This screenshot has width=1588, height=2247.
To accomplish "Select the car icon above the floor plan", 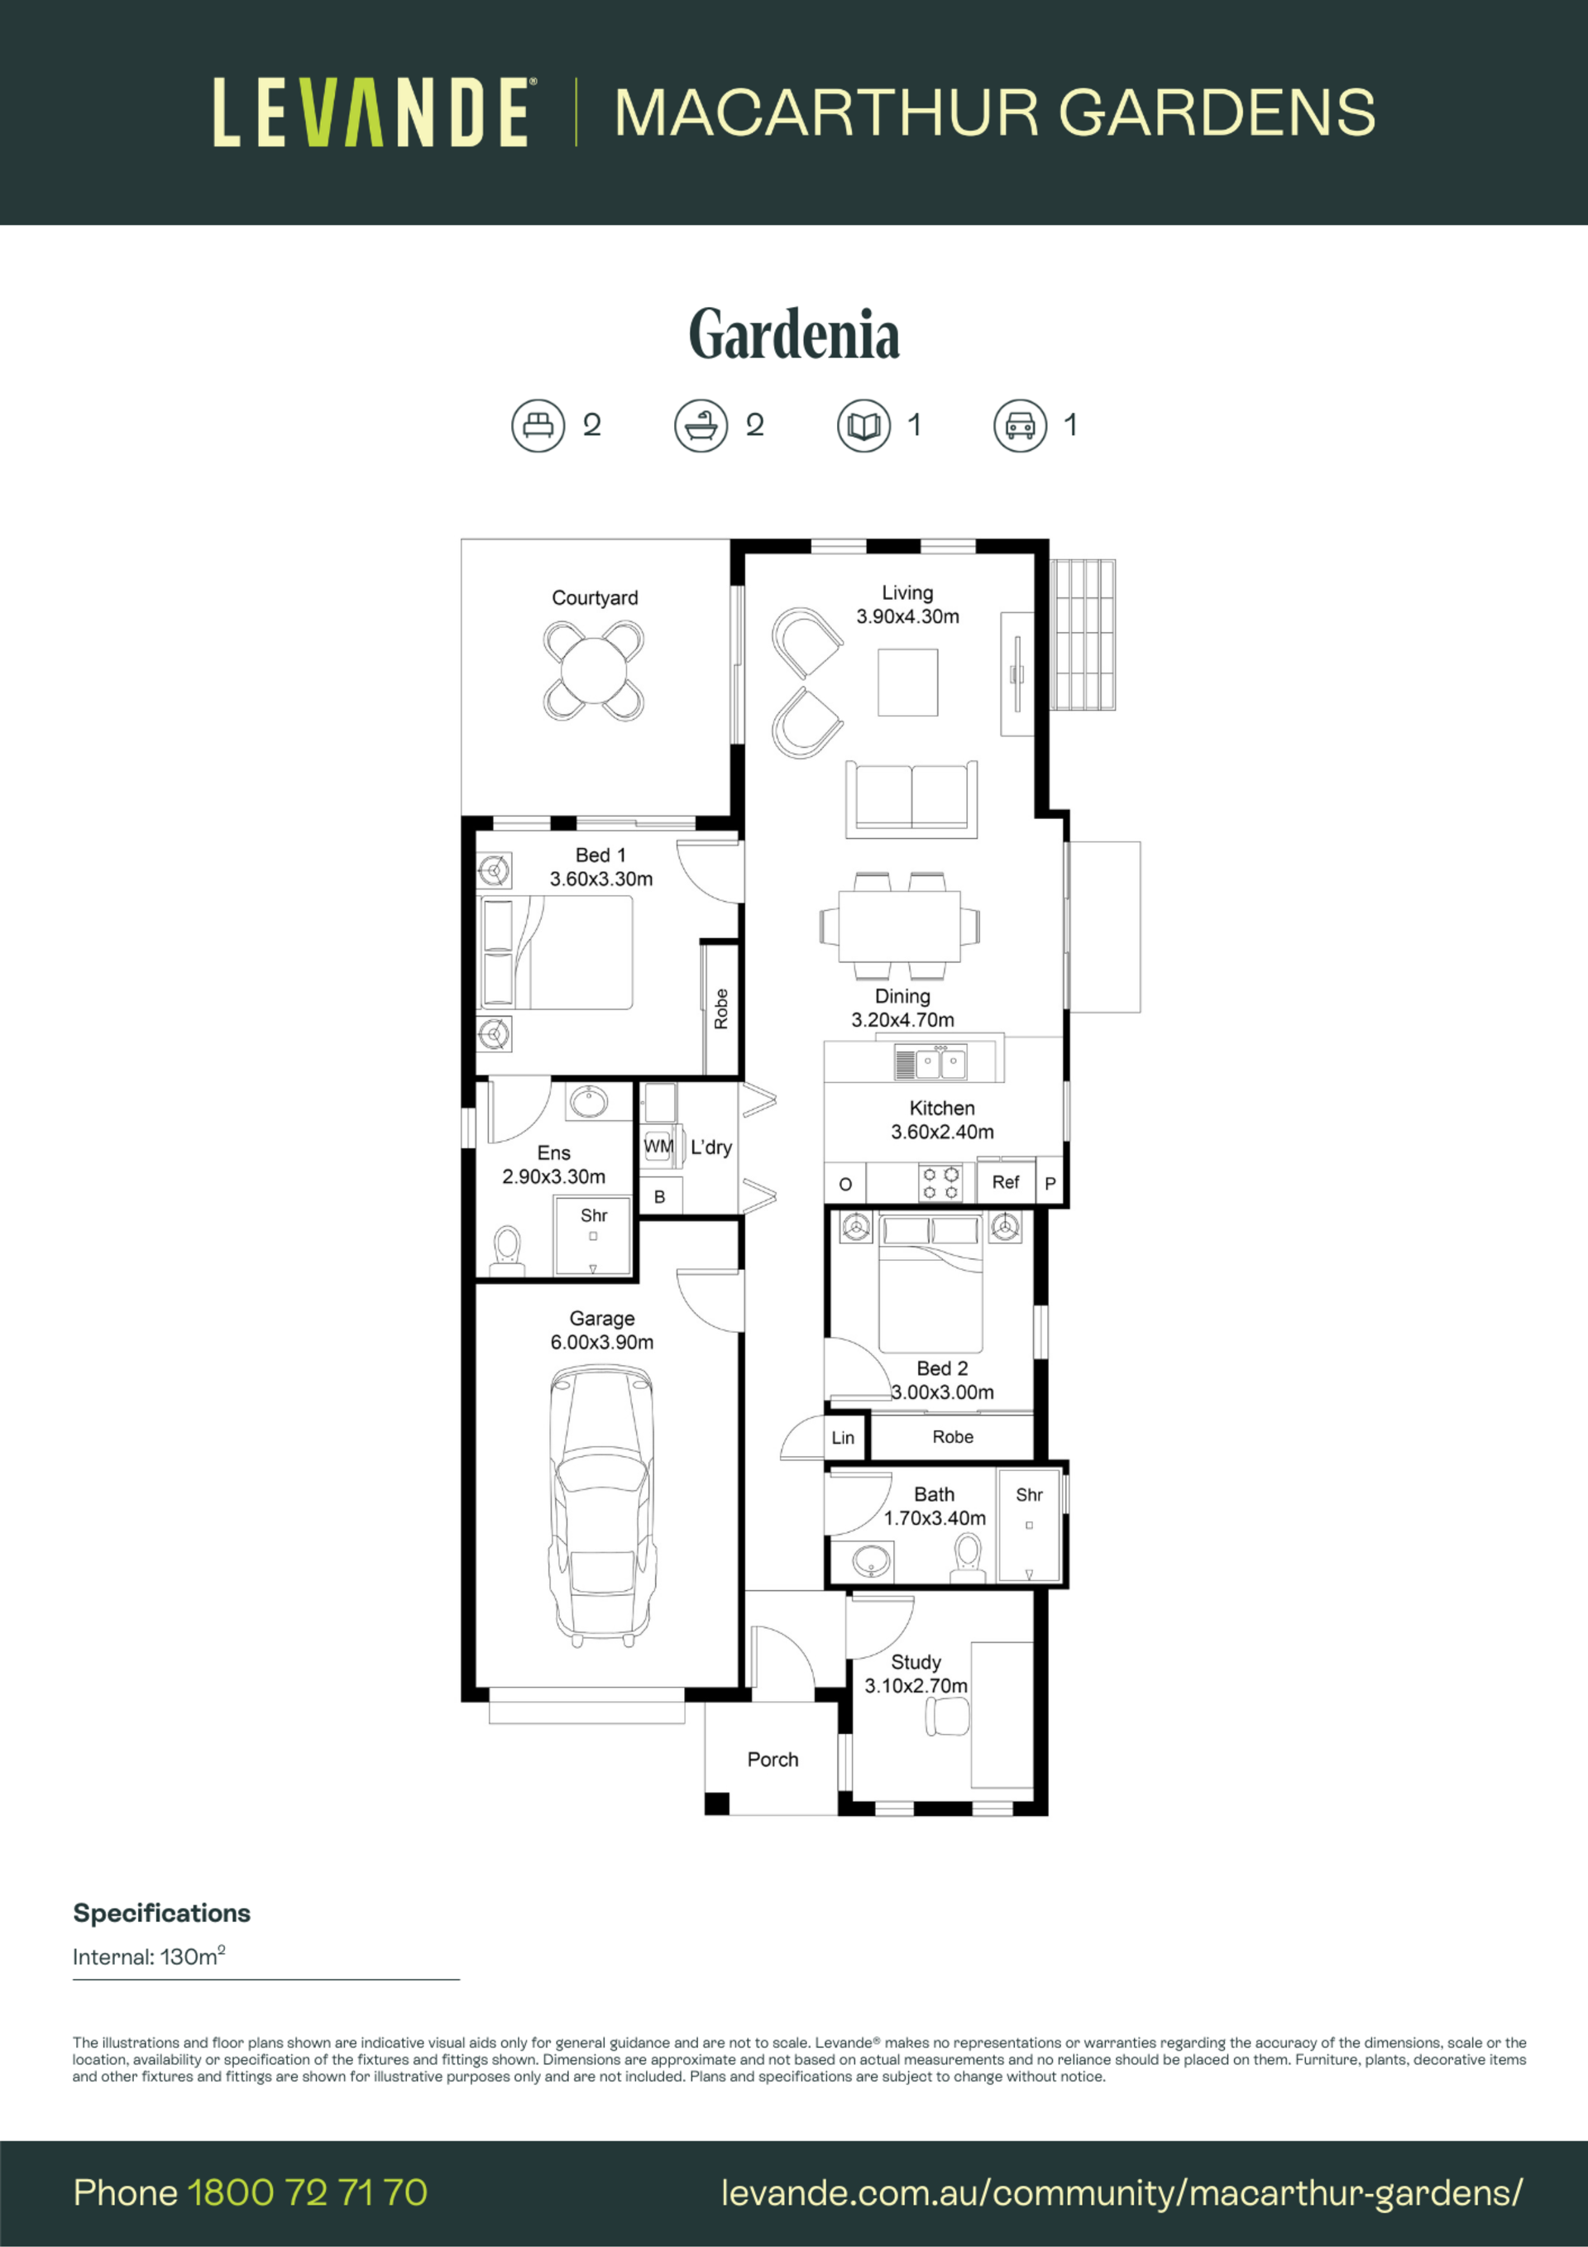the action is [x=1021, y=426].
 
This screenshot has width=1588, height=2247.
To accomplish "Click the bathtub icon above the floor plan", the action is [x=701, y=426].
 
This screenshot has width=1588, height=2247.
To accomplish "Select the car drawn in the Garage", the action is [x=602, y=1507].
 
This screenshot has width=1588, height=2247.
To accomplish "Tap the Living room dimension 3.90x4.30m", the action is [x=908, y=616].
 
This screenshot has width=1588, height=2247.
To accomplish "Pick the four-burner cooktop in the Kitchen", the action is [x=940, y=1182].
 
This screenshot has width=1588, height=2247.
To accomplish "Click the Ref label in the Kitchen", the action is [x=1006, y=1182].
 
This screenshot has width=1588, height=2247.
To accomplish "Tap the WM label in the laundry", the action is [x=658, y=1146].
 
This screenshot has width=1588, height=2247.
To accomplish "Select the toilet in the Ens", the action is [x=507, y=1252].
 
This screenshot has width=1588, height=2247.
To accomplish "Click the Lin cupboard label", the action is [x=844, y=1438].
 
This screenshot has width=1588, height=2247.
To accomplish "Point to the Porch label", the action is [x=773, y=1760].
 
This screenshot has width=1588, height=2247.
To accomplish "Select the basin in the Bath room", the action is [x=872, y=1560].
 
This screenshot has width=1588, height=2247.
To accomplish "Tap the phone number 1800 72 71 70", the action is [x=307, y=2193].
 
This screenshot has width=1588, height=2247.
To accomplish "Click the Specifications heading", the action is [x=161, y=1914].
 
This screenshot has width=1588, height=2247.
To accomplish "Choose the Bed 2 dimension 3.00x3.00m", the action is [x=942, y=1392].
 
